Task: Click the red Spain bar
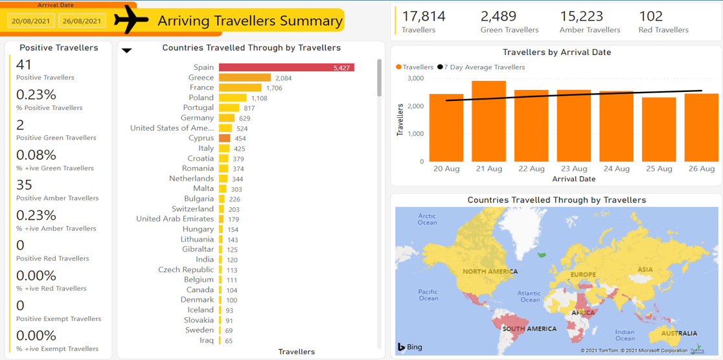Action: point(286,67)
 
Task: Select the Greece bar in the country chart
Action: point(244,78)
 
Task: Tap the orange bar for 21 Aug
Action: point(488,121)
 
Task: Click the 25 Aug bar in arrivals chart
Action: point(659,129)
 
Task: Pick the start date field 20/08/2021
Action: point(31,21)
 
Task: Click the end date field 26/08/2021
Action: point(82,21)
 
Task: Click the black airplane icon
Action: point(132,20)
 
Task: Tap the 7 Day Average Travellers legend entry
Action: point(483,67)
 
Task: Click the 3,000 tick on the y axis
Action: point(415,78)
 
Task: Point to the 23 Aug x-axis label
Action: point(574,169)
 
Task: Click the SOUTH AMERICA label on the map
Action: point(529,329)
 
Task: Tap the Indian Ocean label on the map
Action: point(625,335)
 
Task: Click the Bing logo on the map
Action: point(409,347)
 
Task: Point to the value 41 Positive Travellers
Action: point(24,65)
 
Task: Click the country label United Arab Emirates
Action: point(175,219)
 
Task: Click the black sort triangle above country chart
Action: point(127,51)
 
